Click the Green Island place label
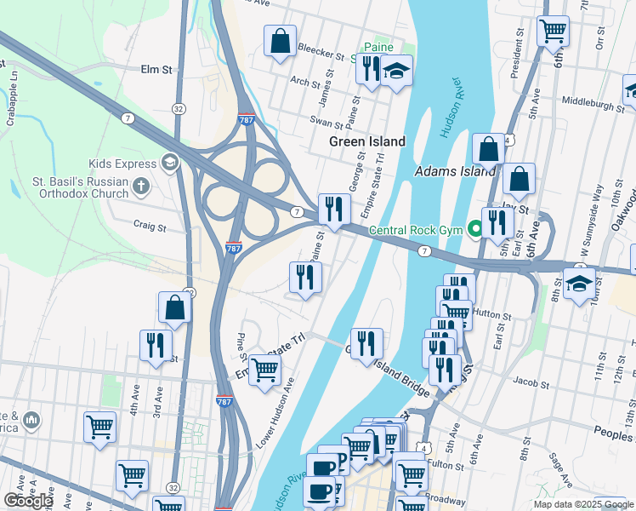(x=367, y=141)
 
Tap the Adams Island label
(x=454, y=172)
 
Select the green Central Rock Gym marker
(x=474, y=228)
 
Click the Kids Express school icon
(x=169, y=163)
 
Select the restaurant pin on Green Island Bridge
(x=366, y=344)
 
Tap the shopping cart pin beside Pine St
(x=264, y=370)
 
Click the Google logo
(x=28, y=501)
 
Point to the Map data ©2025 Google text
(x=582, y=504)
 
